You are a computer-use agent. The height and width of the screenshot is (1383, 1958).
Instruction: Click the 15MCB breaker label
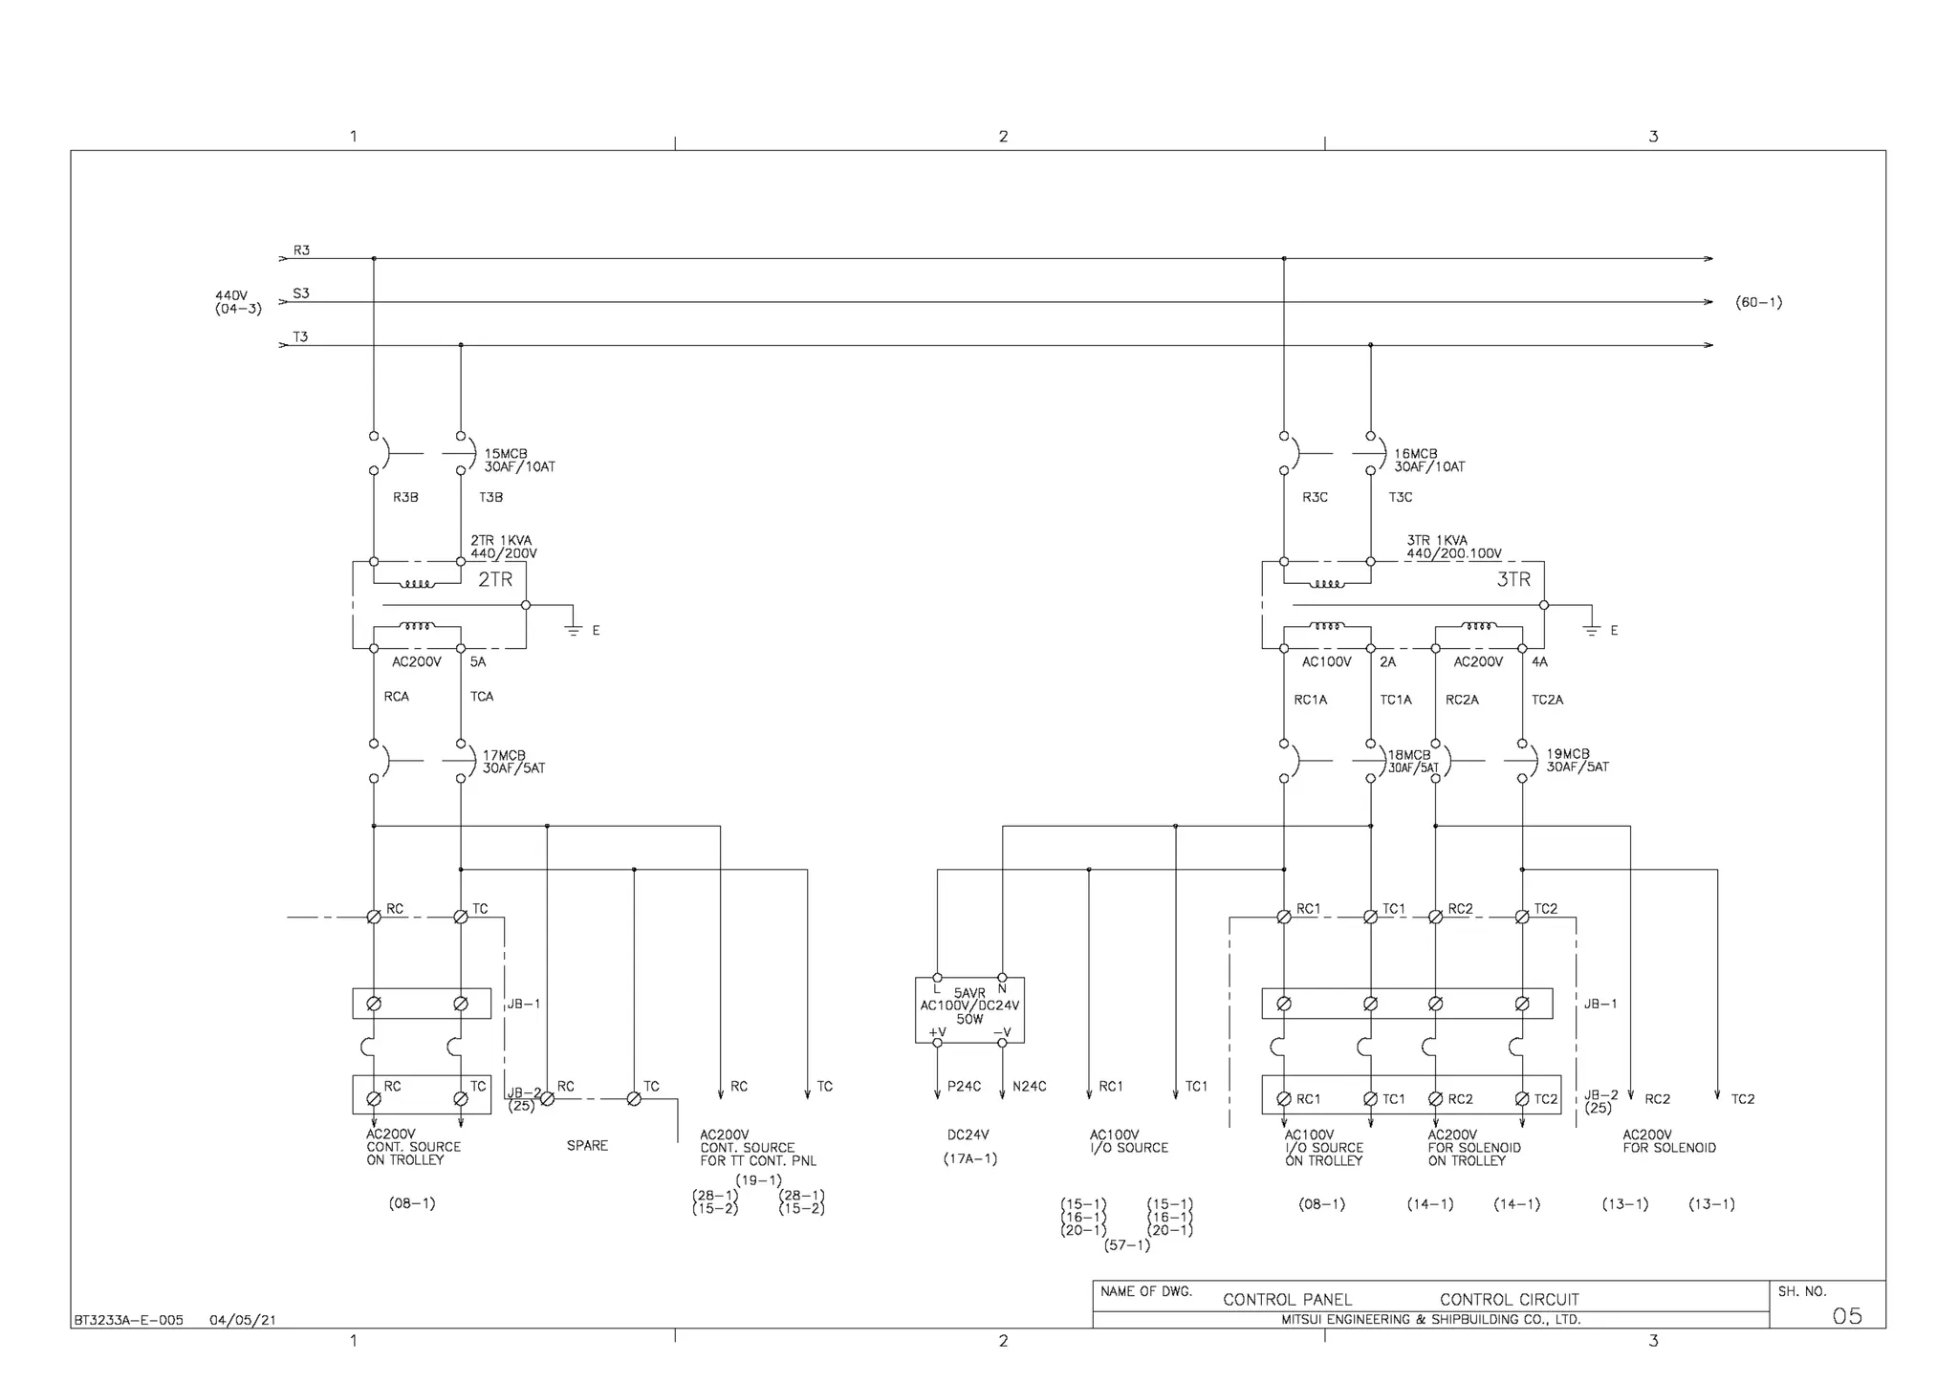[506, 454]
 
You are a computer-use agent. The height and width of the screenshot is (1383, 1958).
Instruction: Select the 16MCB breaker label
[1415, 454]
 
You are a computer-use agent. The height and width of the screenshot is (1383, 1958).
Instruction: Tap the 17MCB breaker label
[504, 755]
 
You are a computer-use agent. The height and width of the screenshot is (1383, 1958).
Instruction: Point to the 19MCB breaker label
[1568, 754]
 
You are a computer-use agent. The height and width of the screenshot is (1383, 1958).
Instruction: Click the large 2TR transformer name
[495, 579]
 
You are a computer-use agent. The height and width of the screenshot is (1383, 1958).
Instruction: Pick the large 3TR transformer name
[1513, 579]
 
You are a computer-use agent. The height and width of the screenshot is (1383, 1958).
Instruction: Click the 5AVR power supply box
[969, 1008]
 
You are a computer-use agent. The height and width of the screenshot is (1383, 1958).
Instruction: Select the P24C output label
[964, 1087]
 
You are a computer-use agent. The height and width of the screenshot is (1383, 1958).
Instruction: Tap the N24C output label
[1030, 1087]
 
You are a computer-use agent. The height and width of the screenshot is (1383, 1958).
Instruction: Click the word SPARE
[587, 1146]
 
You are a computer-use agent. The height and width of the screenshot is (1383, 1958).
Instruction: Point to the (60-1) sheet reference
[1758, 303]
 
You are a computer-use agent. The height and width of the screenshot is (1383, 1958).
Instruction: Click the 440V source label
[231, 295]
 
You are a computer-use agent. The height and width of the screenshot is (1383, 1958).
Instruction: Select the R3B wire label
[405, 498]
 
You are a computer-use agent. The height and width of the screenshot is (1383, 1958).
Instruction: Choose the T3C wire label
[1400, 498]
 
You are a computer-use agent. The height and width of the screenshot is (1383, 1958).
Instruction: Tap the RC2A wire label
[1462, 701]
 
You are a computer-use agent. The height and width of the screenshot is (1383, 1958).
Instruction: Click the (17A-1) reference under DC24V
[969, 1159]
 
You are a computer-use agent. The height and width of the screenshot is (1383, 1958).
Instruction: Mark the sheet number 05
[1847, 1316]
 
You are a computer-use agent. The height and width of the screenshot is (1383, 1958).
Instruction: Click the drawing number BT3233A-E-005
[128, 1321]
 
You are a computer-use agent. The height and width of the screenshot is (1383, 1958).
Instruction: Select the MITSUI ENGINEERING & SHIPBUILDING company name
[1430, 1320]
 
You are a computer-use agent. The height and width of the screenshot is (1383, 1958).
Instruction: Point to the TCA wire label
[482, 697]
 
